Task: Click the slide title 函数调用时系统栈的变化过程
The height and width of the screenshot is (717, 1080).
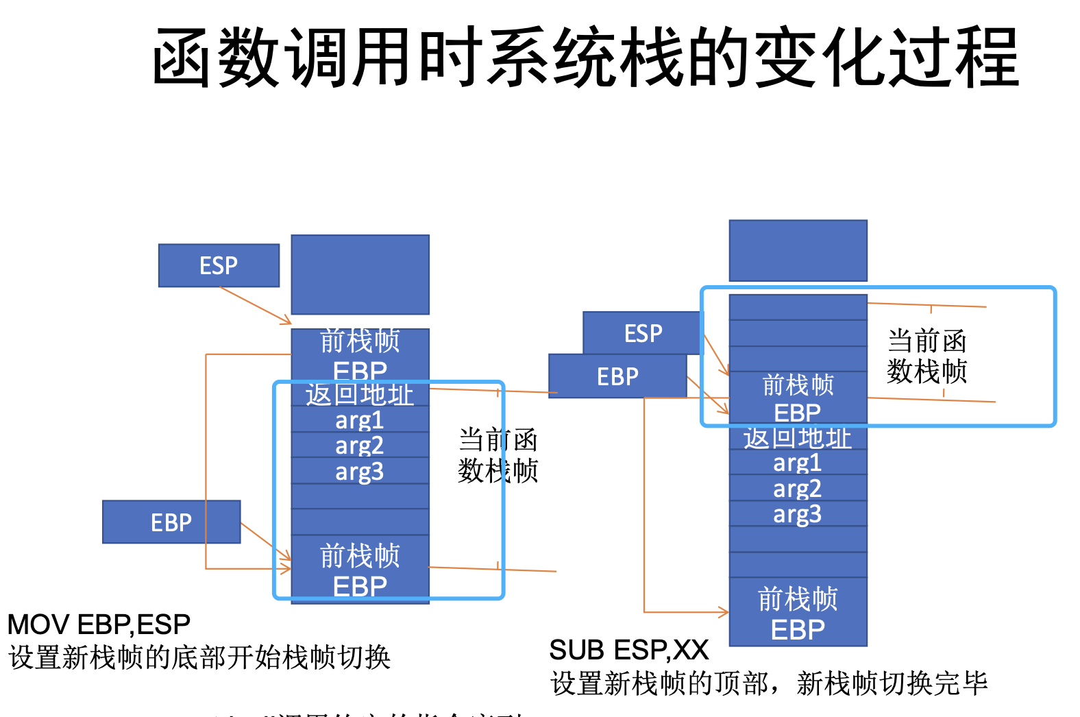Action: point(585,58)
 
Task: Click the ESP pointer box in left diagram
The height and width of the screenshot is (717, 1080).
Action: point(219,265)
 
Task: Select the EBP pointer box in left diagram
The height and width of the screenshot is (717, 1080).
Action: point(171,522)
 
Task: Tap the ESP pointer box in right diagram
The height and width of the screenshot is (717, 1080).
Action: point(643,333)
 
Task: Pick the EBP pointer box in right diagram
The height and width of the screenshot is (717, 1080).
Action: point(617,376)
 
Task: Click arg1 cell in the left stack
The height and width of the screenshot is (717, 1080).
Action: point(360,420)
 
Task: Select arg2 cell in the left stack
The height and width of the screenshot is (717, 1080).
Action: point(360,446)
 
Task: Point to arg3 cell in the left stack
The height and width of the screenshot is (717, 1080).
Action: point(360,472)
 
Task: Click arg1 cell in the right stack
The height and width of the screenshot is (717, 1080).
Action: point(798,463)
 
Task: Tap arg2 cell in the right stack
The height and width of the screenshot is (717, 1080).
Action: point(798,488)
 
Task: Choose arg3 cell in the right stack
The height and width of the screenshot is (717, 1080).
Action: point(798,514)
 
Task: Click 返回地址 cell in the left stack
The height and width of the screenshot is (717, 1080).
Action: point(360,395)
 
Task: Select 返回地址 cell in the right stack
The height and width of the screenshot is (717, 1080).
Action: point(798,438)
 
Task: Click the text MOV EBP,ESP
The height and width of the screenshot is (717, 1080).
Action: point(99,624)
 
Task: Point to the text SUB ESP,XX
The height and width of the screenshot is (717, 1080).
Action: point(629,650)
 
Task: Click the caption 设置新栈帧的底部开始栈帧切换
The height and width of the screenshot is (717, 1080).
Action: point(199,657)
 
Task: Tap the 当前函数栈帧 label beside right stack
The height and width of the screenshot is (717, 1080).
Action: point(926,356)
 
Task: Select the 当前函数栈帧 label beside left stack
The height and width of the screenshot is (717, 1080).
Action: point(498,455)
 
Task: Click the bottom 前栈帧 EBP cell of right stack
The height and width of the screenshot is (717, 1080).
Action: point(798,613)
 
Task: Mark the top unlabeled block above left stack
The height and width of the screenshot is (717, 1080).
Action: point(360,274)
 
